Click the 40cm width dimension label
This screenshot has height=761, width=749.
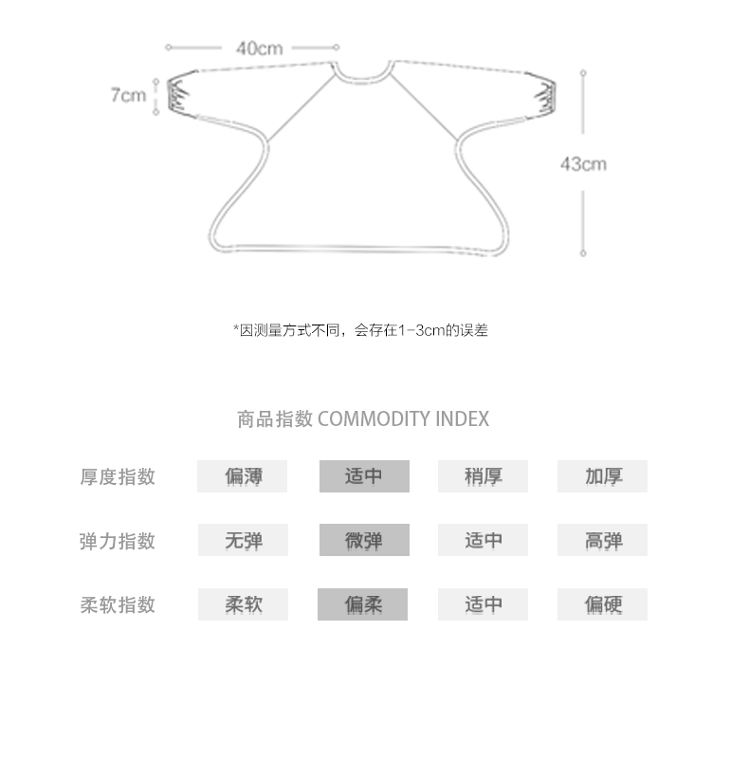(260, 48)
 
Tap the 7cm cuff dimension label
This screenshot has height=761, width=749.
(129, 95)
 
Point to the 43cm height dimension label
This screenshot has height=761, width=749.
(583, 164)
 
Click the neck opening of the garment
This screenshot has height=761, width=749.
(362, 79)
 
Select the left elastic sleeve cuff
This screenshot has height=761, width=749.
(178, 95)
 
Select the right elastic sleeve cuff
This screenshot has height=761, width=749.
(543, 96)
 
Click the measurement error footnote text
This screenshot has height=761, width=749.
(360, 330)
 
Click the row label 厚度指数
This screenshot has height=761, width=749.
(118, 476)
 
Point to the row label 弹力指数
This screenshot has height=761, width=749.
(118, 541)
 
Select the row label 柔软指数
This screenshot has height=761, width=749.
(118, 604)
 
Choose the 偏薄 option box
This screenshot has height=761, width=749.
(243, 476)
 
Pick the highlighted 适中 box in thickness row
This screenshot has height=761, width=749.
(364, 476)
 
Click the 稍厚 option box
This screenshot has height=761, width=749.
(483, 476)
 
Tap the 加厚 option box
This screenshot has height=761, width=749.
(602, 476)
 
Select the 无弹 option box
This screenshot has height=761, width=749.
(243, 540)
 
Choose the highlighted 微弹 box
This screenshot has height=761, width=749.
(364, 540)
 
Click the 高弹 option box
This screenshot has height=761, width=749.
(602, 540)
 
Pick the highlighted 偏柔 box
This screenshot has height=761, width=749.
(362, 604)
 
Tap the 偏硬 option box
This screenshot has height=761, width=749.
(602, 604)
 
